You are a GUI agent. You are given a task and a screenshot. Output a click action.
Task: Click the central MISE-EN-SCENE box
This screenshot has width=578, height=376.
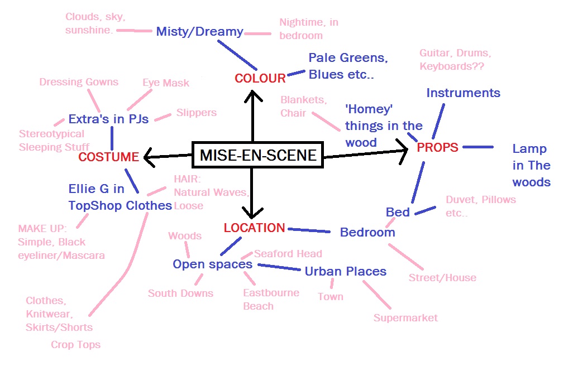(x=257, y=155)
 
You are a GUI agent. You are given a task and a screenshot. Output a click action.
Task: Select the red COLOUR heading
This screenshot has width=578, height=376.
(x=260, y=78)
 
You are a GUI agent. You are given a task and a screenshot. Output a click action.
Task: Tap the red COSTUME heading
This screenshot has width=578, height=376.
(x=108, y=157)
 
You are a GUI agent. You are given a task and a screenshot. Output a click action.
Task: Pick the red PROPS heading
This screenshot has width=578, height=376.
(x=437, y=147)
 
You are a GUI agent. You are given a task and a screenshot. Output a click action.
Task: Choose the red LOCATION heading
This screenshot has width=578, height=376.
(x=254, y=228)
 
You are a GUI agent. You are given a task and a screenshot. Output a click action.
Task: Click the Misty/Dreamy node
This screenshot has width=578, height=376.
(x=199, y=31)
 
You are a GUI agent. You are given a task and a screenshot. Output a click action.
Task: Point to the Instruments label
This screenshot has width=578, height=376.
(x=463, y=93)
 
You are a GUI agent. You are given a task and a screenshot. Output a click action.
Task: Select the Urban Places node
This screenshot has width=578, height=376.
(x=345, y=271)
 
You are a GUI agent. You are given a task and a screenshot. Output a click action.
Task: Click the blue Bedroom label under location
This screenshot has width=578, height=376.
(x=367, y=232)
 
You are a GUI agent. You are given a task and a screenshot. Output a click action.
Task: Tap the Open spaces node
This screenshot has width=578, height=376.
(x=212, y=264)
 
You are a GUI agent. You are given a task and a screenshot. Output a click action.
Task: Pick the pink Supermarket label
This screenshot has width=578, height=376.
(x=405, y=318)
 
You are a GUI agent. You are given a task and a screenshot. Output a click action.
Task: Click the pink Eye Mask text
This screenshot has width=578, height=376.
(x=166, y=83)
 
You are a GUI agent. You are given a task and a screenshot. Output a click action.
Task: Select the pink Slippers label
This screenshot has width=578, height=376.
(x=196, y=113)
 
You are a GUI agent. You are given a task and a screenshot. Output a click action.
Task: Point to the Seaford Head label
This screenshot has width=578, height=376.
(x=288, y=253)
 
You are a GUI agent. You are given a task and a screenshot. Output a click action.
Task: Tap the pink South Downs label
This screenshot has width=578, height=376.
(x=180, y=293)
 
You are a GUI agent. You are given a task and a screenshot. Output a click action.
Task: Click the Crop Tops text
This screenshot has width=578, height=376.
(x=75, y=344)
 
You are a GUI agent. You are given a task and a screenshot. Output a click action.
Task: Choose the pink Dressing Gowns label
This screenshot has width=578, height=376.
(x=79, y=82)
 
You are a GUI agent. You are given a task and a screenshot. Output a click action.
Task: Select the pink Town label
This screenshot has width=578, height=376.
(x=331, y=296)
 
